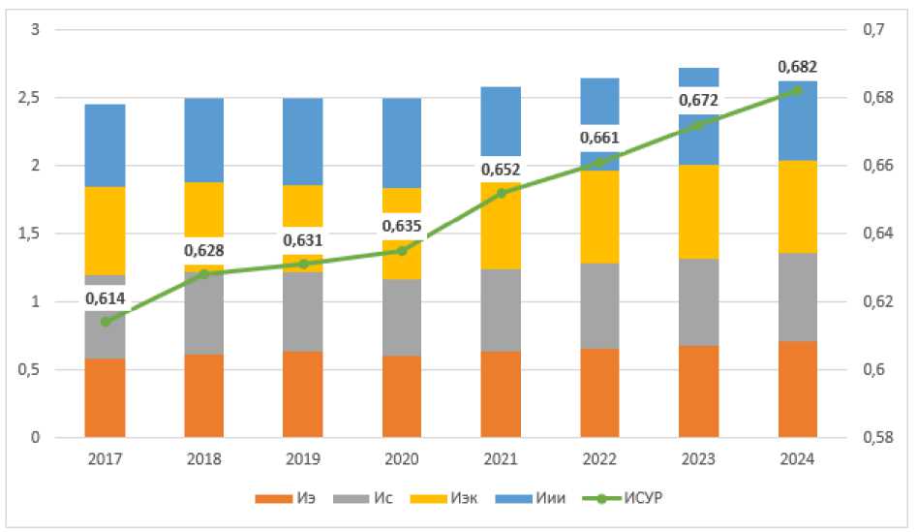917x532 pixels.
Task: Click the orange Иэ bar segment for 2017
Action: tap(106, 398)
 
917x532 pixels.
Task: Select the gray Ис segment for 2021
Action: tap(501, 310)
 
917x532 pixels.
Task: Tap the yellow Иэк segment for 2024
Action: tap(798, 206)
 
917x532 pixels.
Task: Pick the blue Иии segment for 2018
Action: tap(204, 140)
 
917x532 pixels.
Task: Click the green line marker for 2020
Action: tap(402, 250)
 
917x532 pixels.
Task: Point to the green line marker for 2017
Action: tap(106, 322)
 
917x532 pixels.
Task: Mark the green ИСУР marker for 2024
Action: tap(798, 91)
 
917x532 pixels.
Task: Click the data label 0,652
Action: tap(501, 170)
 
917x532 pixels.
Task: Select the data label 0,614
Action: tap(106, 298)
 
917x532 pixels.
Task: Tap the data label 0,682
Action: tap(798, 67)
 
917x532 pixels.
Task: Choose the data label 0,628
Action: tap(204, 250)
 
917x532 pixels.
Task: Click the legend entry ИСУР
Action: tap(623, 498)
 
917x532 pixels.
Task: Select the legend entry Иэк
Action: tap(443, 498)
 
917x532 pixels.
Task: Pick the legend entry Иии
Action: tap(531, 498)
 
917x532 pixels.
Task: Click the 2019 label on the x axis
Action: tap(303, 459)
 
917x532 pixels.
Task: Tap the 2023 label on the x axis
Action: tap(698, 459)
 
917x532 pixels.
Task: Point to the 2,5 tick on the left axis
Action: tap(29, 98)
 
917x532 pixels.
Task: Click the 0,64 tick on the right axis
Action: tap(878, 234)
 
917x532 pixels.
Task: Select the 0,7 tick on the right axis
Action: tap(873, 29)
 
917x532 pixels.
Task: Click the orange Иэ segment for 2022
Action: tap(599, 393)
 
